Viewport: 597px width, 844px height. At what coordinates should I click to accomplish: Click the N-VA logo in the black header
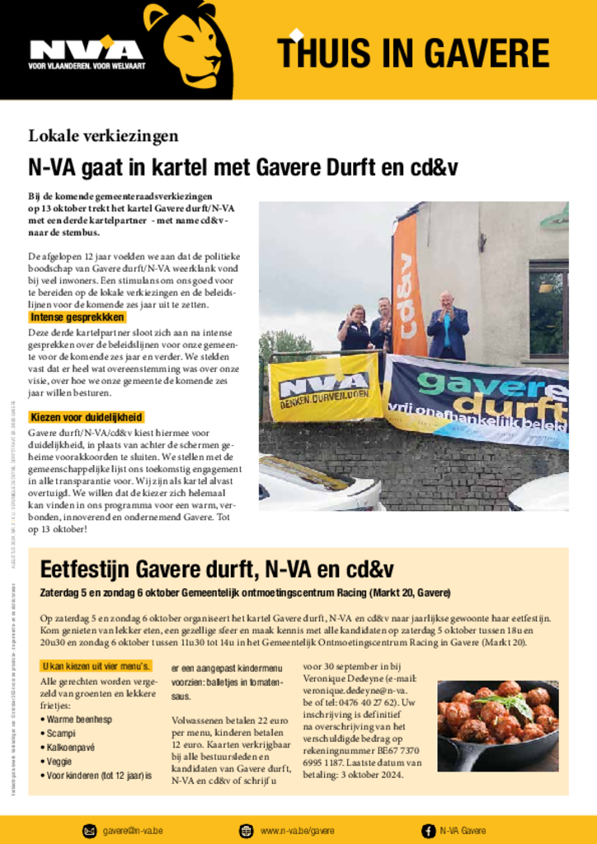pos(86,50)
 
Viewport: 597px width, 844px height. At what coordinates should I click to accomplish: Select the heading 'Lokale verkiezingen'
pos(103,136)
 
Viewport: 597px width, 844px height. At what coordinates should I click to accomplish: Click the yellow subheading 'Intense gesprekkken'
pos(77,317)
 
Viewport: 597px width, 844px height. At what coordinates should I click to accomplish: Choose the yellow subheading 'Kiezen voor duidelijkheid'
pos(86,417)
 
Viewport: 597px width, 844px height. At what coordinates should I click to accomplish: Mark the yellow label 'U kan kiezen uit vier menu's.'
pos(96,666)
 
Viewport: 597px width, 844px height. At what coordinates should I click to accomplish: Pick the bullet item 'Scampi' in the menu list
pos(60,733)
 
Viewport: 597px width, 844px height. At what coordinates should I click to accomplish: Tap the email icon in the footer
pos(89,831)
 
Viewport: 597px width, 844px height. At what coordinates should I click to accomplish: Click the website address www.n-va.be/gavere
pos(297,831)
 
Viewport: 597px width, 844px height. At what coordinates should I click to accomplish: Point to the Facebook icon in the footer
pos(428,831)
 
